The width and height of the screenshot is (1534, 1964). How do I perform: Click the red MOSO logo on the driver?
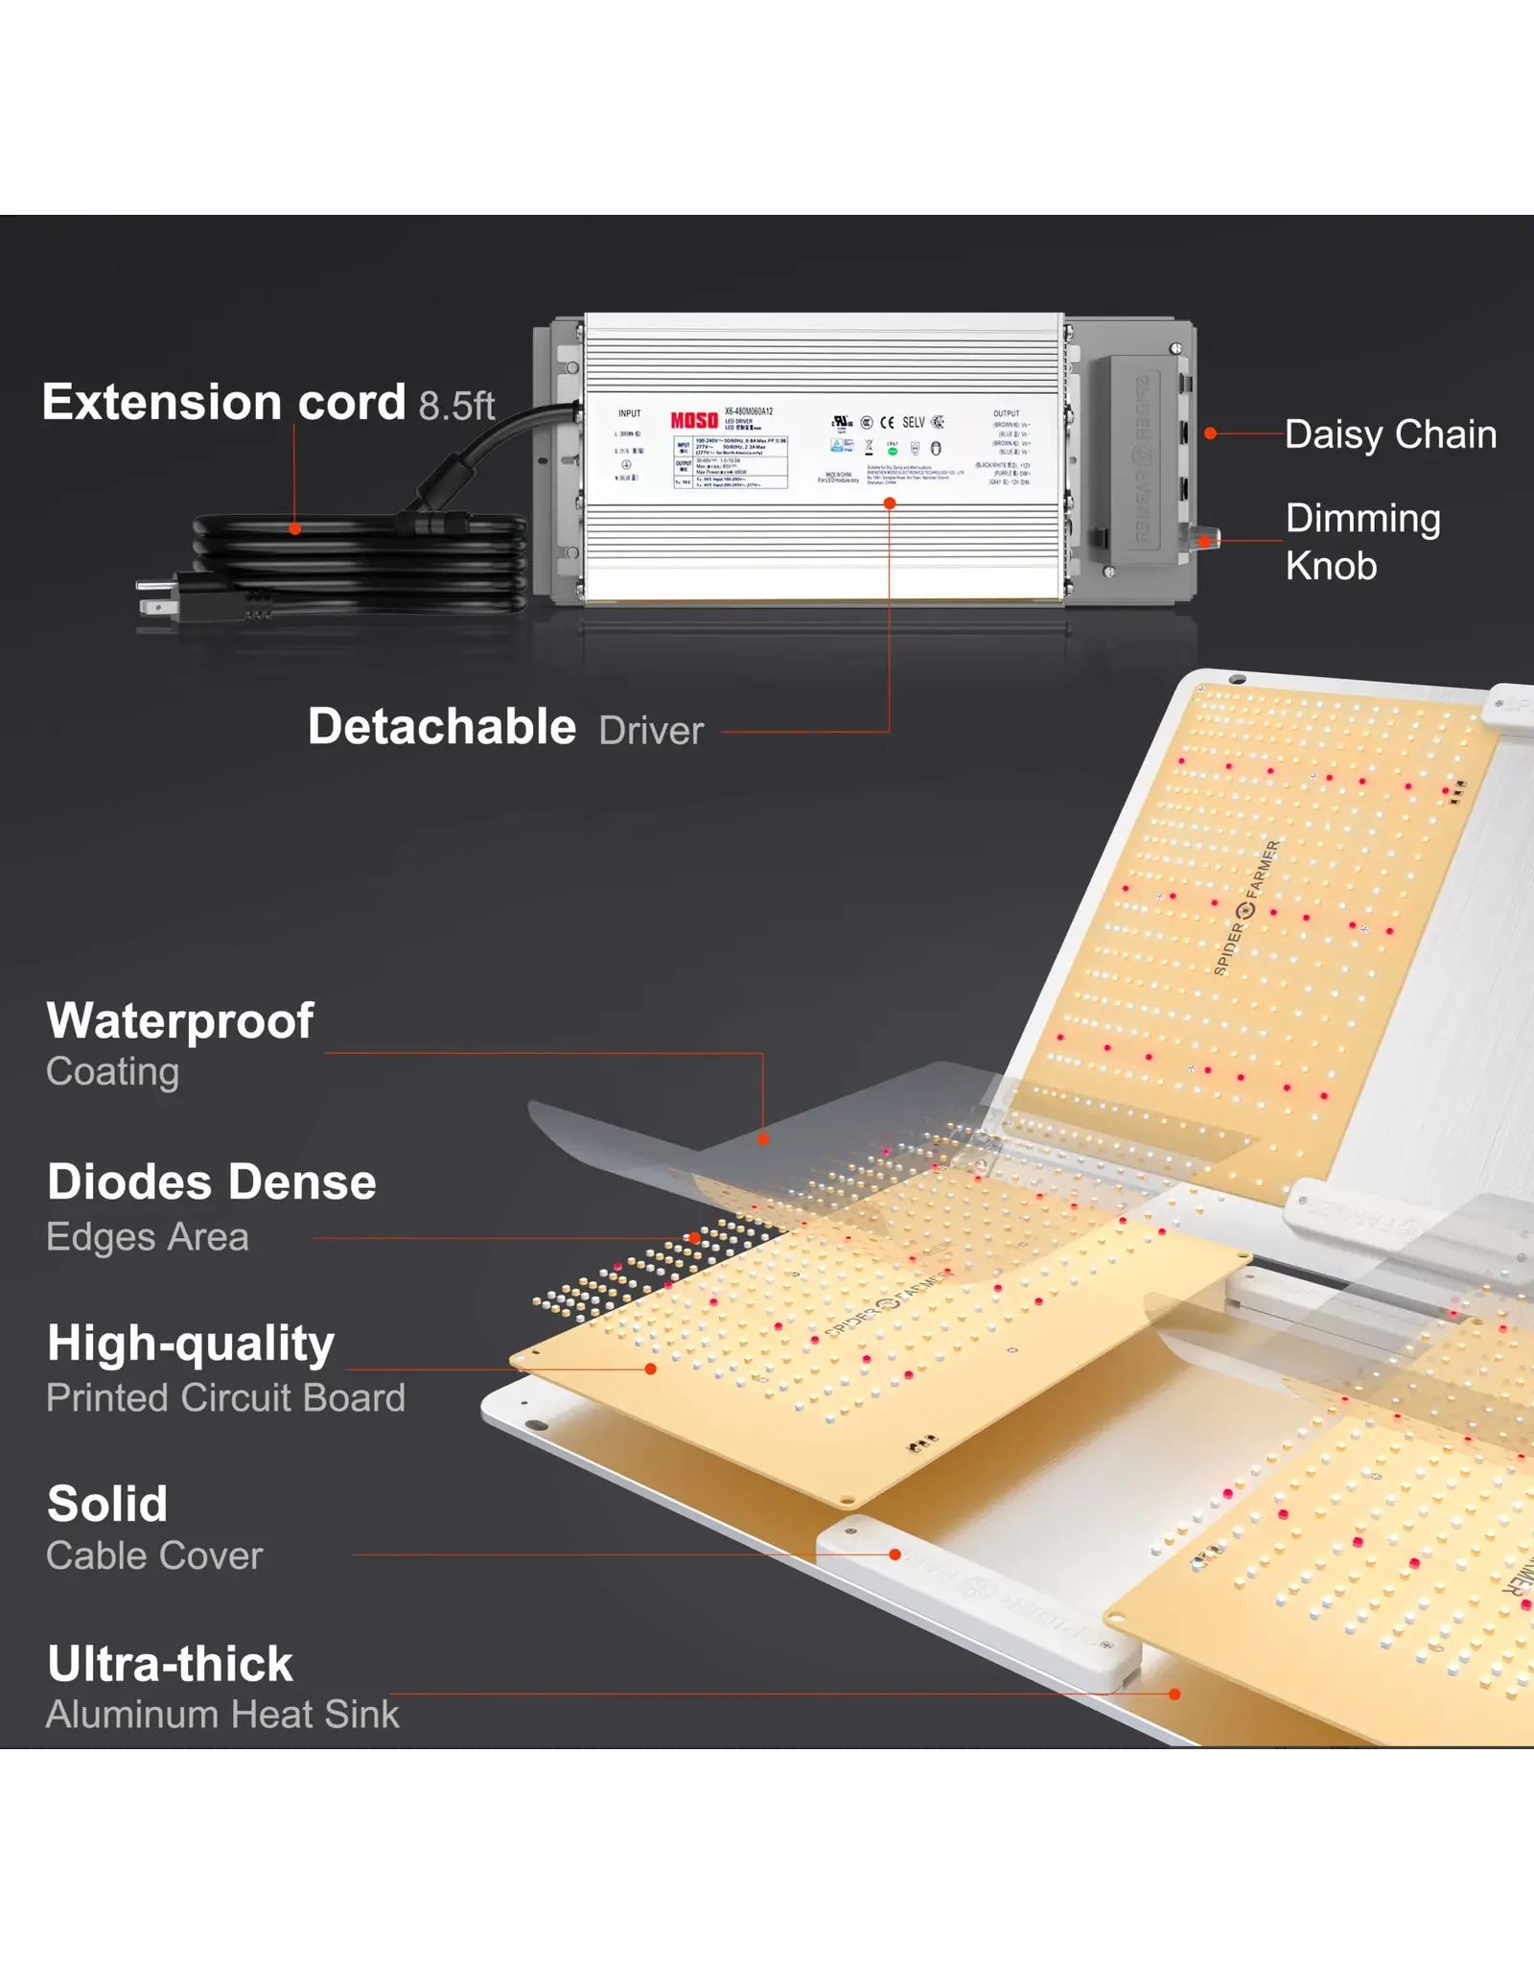click(x=694, y=420)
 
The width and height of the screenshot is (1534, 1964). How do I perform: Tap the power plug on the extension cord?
click(x=159, y=596)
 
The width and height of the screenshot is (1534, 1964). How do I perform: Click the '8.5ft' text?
click(x=456, y=406)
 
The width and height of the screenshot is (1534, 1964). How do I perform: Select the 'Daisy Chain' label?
click(x=1390, y=434)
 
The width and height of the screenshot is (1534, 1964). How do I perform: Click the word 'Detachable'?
click(x=442, y=727)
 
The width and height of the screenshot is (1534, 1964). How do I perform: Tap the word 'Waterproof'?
click(x=180, y=1020)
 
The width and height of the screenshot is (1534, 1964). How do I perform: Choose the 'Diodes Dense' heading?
click(x=212, y=1181)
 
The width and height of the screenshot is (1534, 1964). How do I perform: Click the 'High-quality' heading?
click(x=191, y=1344)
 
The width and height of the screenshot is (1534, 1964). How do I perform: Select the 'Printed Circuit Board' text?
click(x=226, y=1398)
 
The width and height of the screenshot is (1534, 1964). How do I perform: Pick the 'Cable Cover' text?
click(x=154, y=1555)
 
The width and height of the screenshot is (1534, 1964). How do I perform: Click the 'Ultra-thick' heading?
click(x=171, y=1664)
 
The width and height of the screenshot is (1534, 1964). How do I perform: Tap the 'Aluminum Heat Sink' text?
click(x=222, y=1715)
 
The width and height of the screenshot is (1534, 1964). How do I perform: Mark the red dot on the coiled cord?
click(x=295, y=528)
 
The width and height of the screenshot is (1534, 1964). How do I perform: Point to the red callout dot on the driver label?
click(x=890, y=503)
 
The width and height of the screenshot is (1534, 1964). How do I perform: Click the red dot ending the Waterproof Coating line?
click(x=763, y=1139)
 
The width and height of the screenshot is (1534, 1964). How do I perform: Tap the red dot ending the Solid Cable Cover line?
click(x=895, y=1555)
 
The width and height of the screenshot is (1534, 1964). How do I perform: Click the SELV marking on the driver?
click(x=914, y=422)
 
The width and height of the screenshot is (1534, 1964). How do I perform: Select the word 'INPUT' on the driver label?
click(x=629, y=413)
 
